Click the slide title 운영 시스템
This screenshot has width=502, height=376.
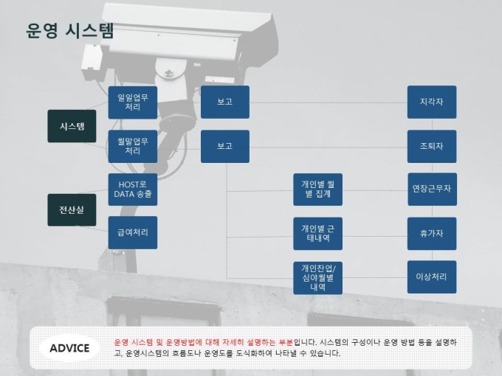(x=70, y=31)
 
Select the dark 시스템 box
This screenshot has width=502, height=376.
(x=72, y=126)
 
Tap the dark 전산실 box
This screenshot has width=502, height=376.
(x=72, y=210)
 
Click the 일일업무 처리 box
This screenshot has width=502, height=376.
(x=133, y=102)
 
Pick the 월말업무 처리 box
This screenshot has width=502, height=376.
(x=133, y=146)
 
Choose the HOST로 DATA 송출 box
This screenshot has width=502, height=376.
(x=133, y=189)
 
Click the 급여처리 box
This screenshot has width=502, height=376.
(x=133, y=232)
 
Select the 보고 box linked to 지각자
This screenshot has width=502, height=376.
(x=224, y=102)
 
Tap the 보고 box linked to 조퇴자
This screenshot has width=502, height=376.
(x=224, y=146)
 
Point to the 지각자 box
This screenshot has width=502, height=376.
(x=432, y=102)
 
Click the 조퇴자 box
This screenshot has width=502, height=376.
(x=432, y=146)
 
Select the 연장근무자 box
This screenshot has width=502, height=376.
(x=432, y=189)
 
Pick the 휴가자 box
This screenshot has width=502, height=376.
(x=432, y=233)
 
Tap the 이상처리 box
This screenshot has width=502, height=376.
(x=432, y=277)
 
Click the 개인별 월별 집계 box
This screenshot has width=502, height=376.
(x=317, y=189)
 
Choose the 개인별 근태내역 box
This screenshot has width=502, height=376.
(x=317, y=233)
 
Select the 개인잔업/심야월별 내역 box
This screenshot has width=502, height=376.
(x=317, y=277)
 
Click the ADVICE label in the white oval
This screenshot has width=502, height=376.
(x=69, y=348)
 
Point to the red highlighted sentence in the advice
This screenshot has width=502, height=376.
(x=203, y=343)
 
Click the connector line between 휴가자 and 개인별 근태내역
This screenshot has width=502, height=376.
(x=374, y=234)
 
